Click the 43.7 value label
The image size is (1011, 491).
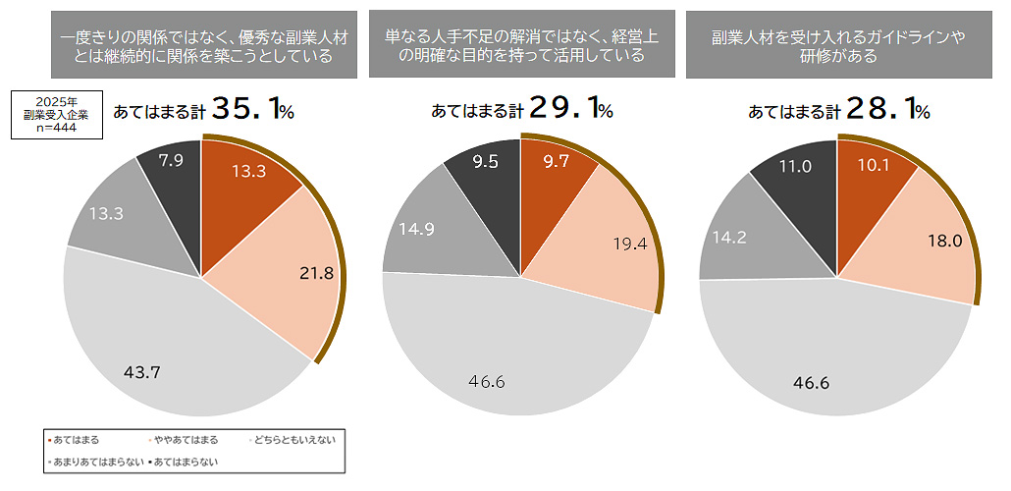(142, 372)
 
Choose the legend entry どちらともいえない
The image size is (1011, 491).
(295, 440)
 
